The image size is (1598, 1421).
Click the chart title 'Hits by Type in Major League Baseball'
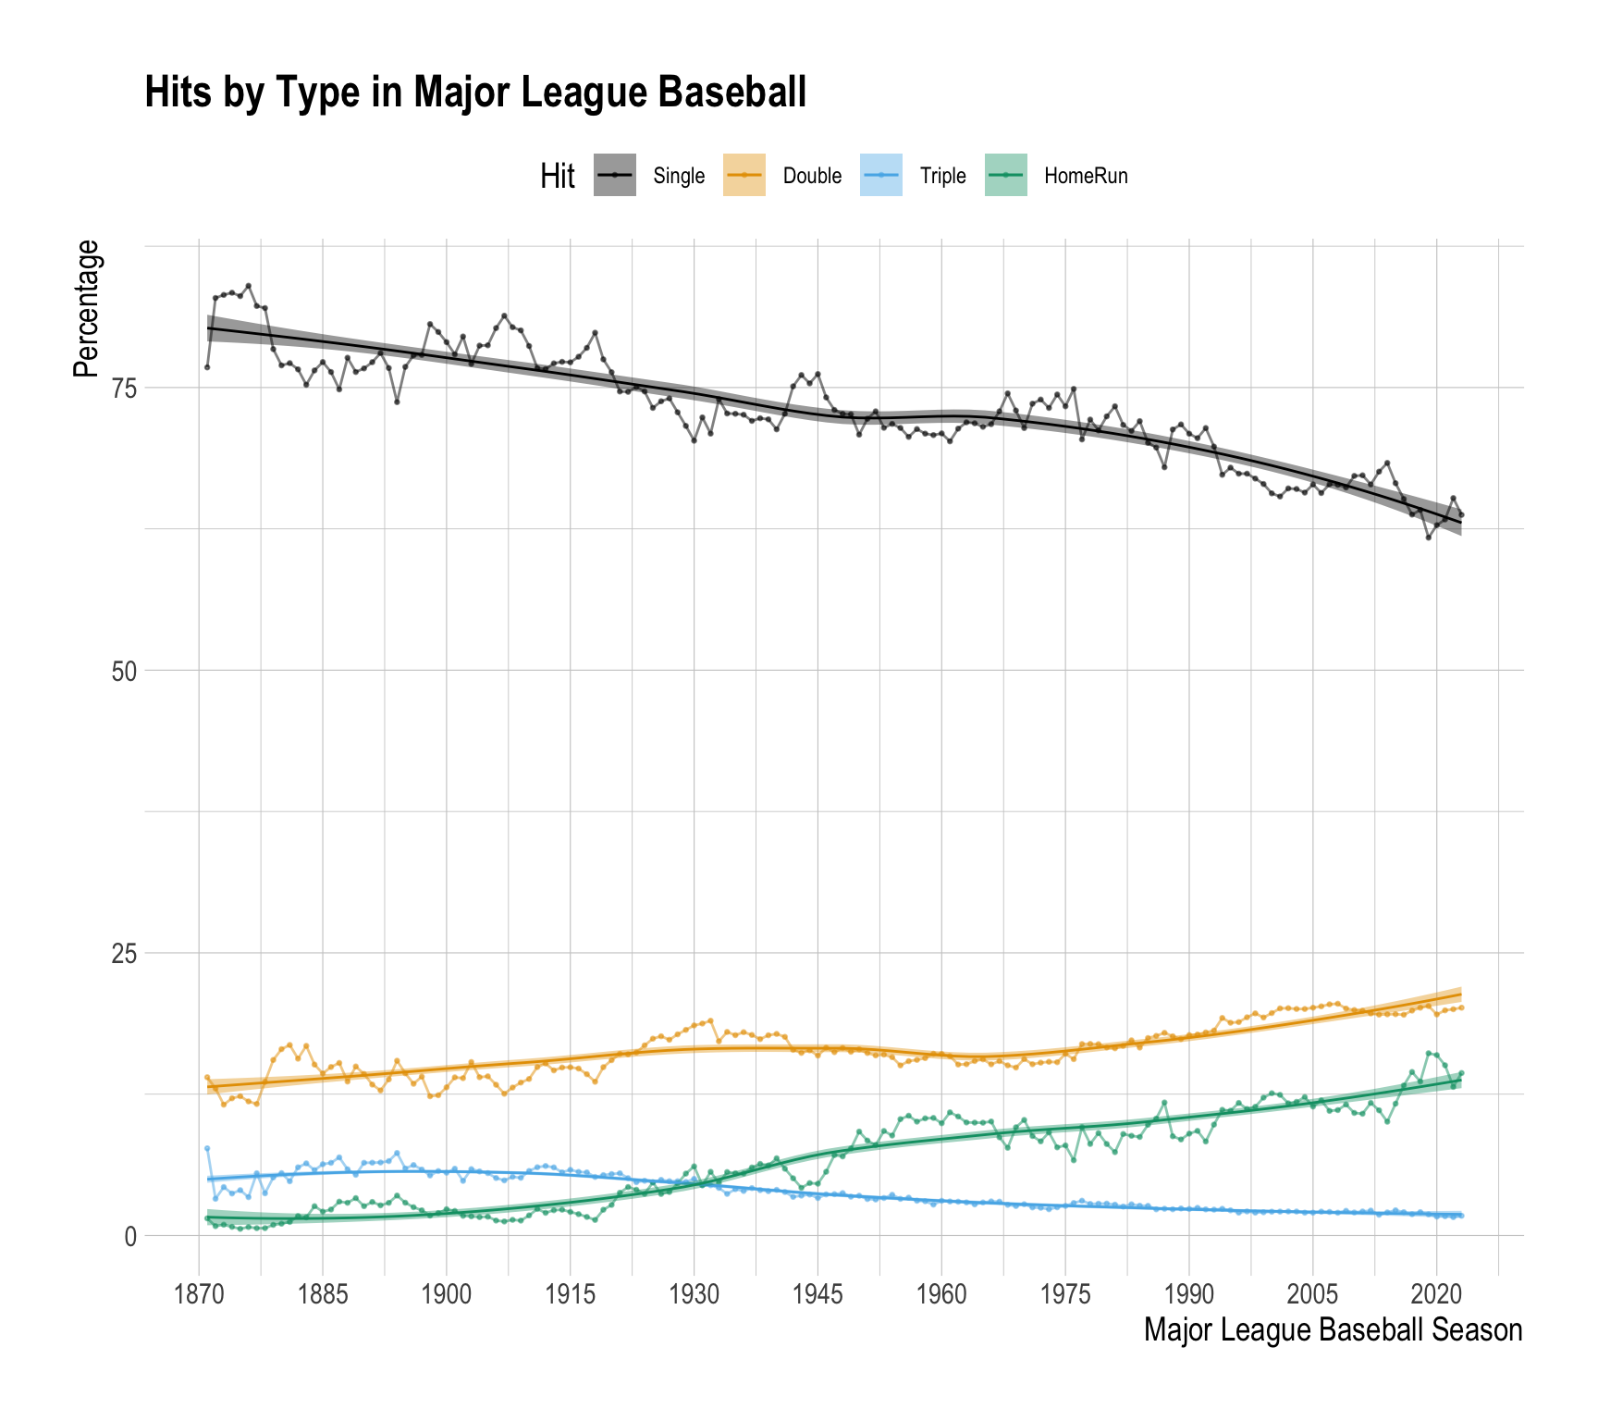(475, 93)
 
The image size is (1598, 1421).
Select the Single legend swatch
(615, 175)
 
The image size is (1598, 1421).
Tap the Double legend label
(812, 176)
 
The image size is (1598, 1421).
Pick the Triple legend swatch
(882, 175)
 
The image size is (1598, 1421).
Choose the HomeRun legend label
(1086, 176)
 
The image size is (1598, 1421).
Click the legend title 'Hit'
(558, 176)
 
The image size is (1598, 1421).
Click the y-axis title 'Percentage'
(86, 308)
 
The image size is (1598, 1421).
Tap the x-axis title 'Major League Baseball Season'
(1333, 1330)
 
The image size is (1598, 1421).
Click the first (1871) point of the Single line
(207, 367)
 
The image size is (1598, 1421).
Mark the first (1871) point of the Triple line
(207, 1148)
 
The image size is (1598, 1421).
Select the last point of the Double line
(1461, 1007)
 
